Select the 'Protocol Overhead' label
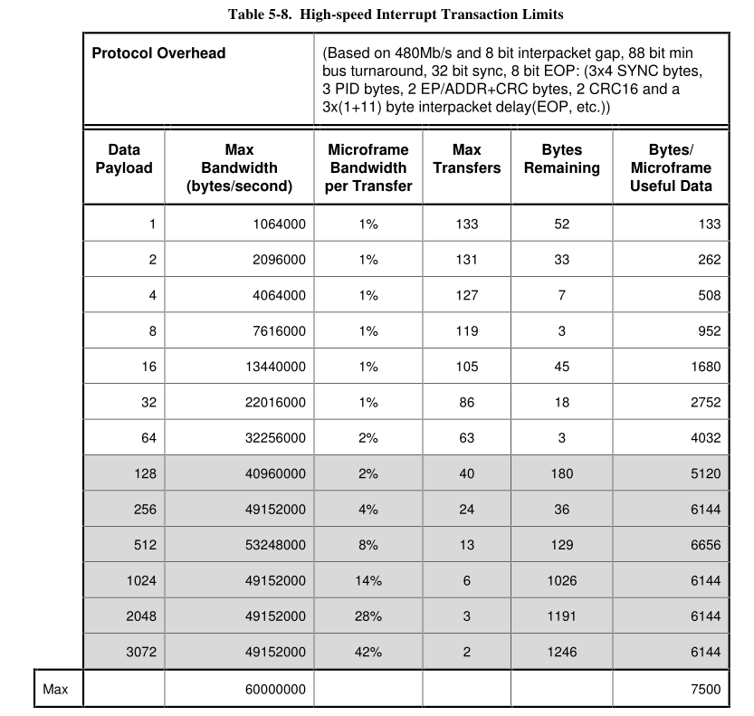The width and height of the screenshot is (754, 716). (158, 53)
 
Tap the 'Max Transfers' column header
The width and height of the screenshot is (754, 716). (466, 159)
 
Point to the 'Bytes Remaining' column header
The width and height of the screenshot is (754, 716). (561, 159)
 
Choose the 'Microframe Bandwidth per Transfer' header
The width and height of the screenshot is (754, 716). (367, 168)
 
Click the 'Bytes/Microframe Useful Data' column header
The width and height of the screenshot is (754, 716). (671, 168)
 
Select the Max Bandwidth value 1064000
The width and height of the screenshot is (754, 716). (279, 224)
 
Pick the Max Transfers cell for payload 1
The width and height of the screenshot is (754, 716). (466, 224)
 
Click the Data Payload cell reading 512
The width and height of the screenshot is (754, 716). (145, 545)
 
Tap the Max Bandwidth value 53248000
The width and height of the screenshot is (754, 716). (275, 545)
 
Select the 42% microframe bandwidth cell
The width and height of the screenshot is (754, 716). (367, 652)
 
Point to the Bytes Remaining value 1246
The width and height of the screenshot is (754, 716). (561, 652)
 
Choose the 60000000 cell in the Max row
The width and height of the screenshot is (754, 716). (275, 690)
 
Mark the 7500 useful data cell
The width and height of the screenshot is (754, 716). (705, 690)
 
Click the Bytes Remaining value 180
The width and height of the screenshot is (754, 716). (561, 473)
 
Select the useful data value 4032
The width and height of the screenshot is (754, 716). (705, 438)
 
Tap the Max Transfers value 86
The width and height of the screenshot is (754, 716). (466, 403)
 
